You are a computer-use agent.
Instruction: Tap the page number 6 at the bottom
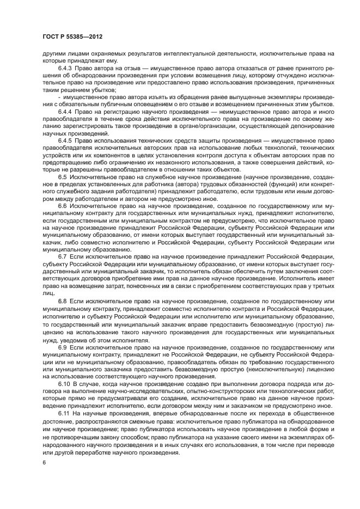pyautogui.click(x=44, y=462)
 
